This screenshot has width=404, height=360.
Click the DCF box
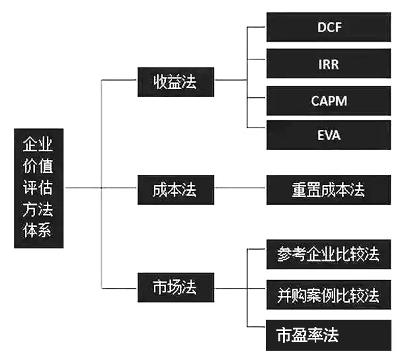pos(329,27)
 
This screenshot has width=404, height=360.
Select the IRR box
pos(329,63)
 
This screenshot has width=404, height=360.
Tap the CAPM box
pos(329,100)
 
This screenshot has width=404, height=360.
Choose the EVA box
pos(329,135)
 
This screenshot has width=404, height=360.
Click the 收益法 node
pos(176,82)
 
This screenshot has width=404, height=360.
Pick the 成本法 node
pos(176,190)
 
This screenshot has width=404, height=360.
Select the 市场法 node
pos(176,287)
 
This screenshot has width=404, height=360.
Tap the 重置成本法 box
pos(329,190)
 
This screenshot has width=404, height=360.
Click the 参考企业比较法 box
pos(329,254)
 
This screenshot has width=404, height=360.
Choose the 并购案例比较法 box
pos(329,295)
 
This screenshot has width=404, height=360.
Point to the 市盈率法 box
pos(329,335)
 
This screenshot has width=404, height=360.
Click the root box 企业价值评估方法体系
pos(38,188)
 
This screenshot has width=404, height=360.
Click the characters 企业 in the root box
pos(38,144)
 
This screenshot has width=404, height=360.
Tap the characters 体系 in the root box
pos(37,230)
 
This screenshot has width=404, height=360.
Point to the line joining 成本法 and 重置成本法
pos(240,188)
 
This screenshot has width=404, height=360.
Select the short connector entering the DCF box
pos(256,27)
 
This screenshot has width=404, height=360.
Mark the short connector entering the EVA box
pos(256,127)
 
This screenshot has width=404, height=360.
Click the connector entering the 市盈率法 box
pos(256,327)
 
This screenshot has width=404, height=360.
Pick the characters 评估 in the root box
pos(38,188)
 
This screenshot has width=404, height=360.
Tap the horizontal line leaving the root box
pos(83,188)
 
